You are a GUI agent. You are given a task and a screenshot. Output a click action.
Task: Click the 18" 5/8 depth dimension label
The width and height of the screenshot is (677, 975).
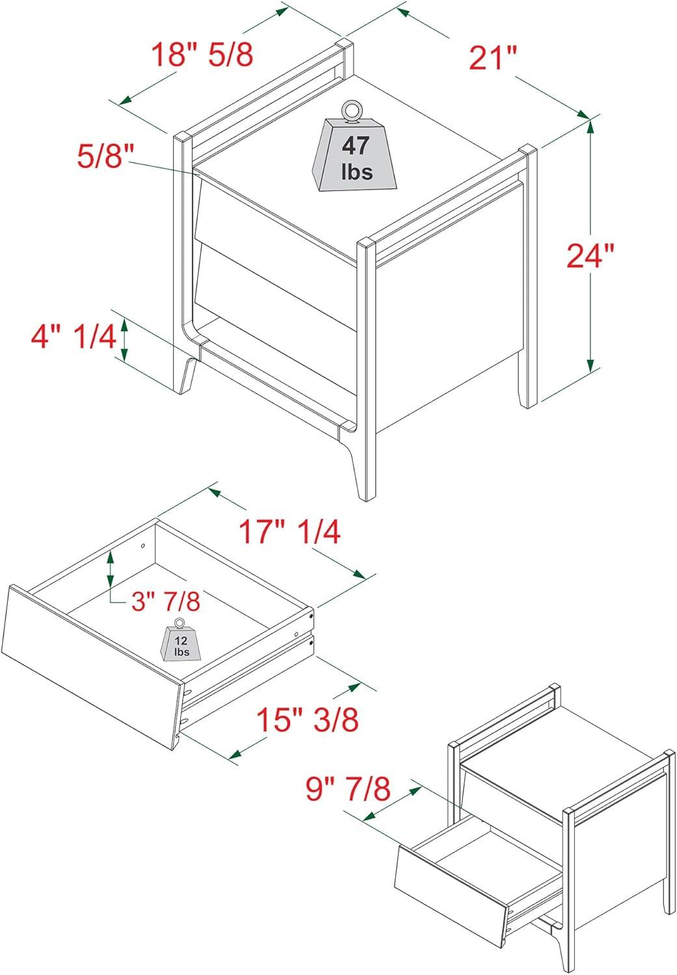(202, 55)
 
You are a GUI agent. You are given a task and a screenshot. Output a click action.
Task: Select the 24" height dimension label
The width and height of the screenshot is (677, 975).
(590, 256)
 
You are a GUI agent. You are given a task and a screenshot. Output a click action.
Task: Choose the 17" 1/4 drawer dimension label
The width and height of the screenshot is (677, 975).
(289, 532)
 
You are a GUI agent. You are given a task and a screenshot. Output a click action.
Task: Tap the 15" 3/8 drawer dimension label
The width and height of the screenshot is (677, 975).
(307, 720)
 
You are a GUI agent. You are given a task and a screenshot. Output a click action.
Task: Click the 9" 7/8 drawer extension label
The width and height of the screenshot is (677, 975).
(349, 790)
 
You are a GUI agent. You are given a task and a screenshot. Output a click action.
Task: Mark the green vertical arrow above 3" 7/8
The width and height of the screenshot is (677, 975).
(111, 566)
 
